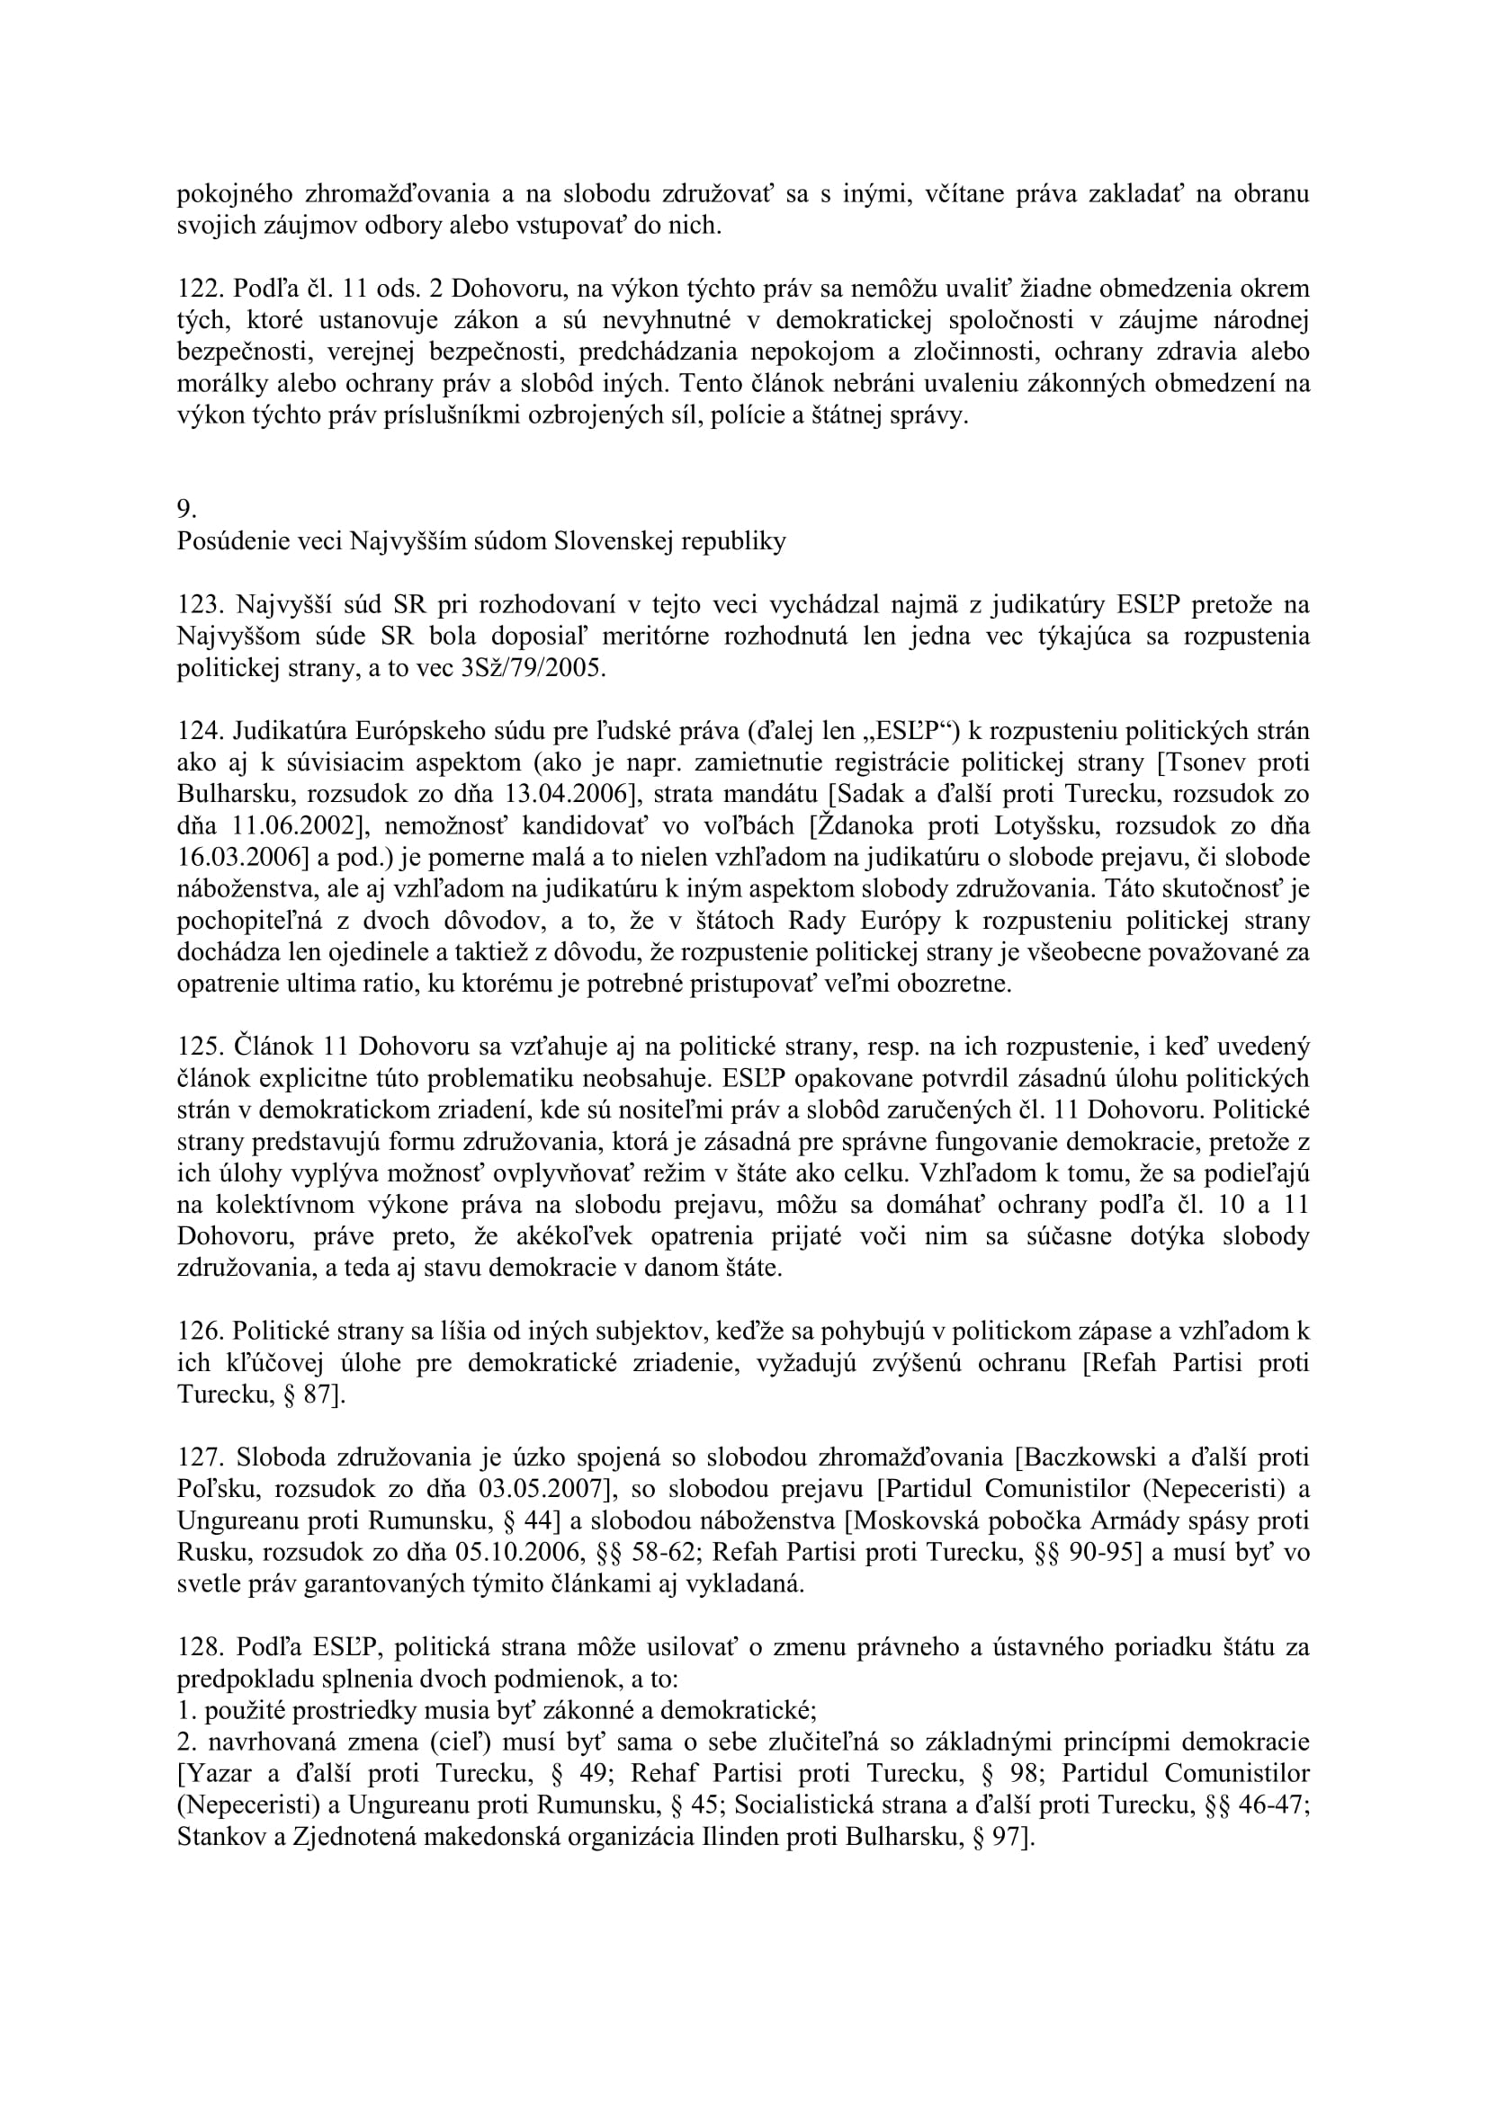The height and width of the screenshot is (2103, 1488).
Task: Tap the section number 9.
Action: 187,509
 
